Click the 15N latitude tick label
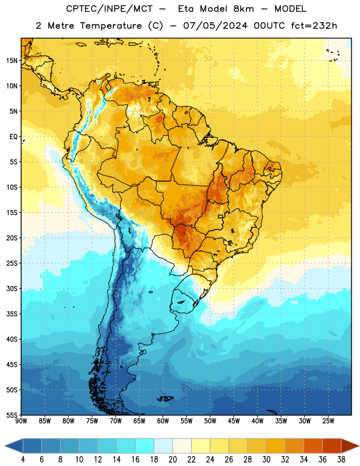click(x=12, y=61)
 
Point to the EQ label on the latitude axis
click(x=13, y=137)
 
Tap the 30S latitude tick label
click(x=12, y=288)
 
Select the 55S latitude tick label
click(x=12, y=415)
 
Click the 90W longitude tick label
click(x=21, y=421)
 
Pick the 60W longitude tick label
click(x=163, y=421)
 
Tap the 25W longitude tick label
click(x=328, y=421)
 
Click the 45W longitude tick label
click(x=234, y=421)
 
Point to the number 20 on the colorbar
click(x=172, y=460)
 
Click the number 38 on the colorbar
click(x=341, y=460)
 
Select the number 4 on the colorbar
click(x=23, y=460)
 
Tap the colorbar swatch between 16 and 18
click(x=145, y=446)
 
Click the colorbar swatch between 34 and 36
click(x=313, y=446)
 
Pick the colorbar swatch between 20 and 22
click(x=182, y=446)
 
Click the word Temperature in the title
click(x=111, y=26)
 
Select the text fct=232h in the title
click(x=314, y=26)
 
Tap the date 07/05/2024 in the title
click(x=216, y=26)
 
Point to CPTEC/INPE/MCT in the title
click(x=110, y=9)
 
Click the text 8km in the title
click(x=243, y=9)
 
